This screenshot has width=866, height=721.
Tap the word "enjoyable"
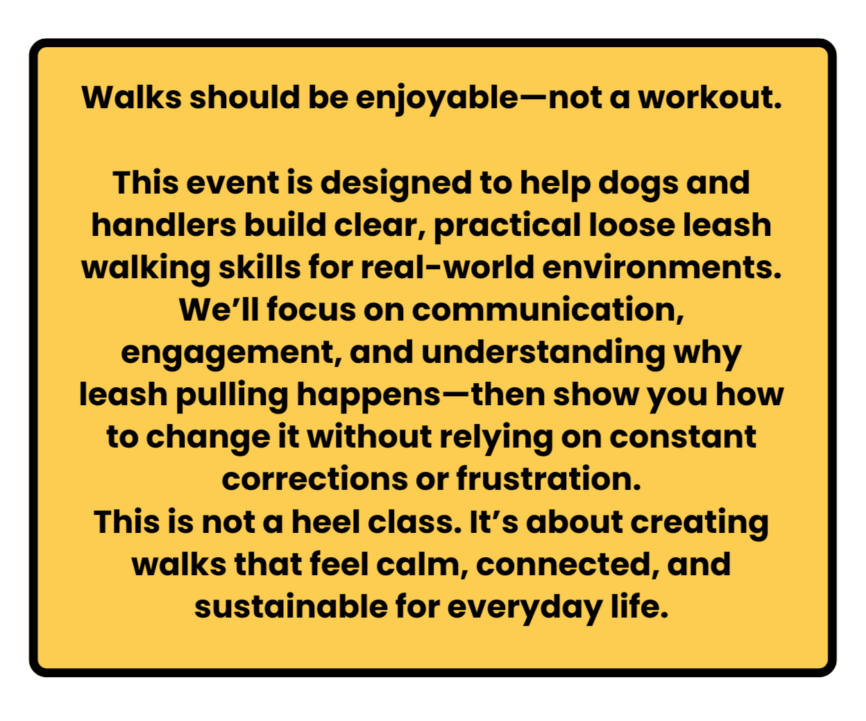coord(437,99)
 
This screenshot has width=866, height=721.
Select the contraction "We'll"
coord(219,310)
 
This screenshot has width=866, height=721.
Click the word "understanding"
coord(543,353)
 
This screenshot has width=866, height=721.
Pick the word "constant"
coord(683,437)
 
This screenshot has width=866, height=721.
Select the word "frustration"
coord(548,480)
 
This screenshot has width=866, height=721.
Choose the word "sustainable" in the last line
coord(291,607)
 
